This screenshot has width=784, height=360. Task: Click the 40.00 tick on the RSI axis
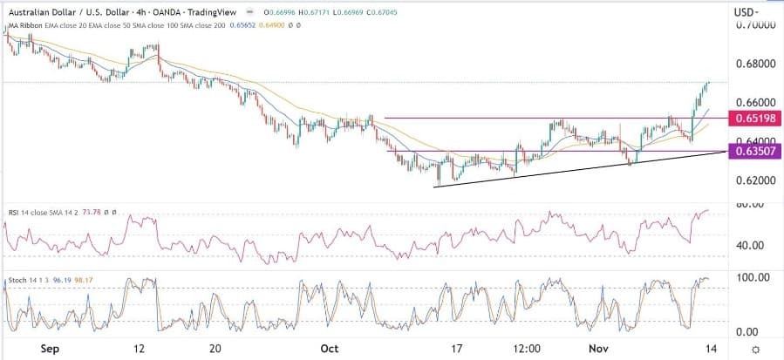point(751,245)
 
